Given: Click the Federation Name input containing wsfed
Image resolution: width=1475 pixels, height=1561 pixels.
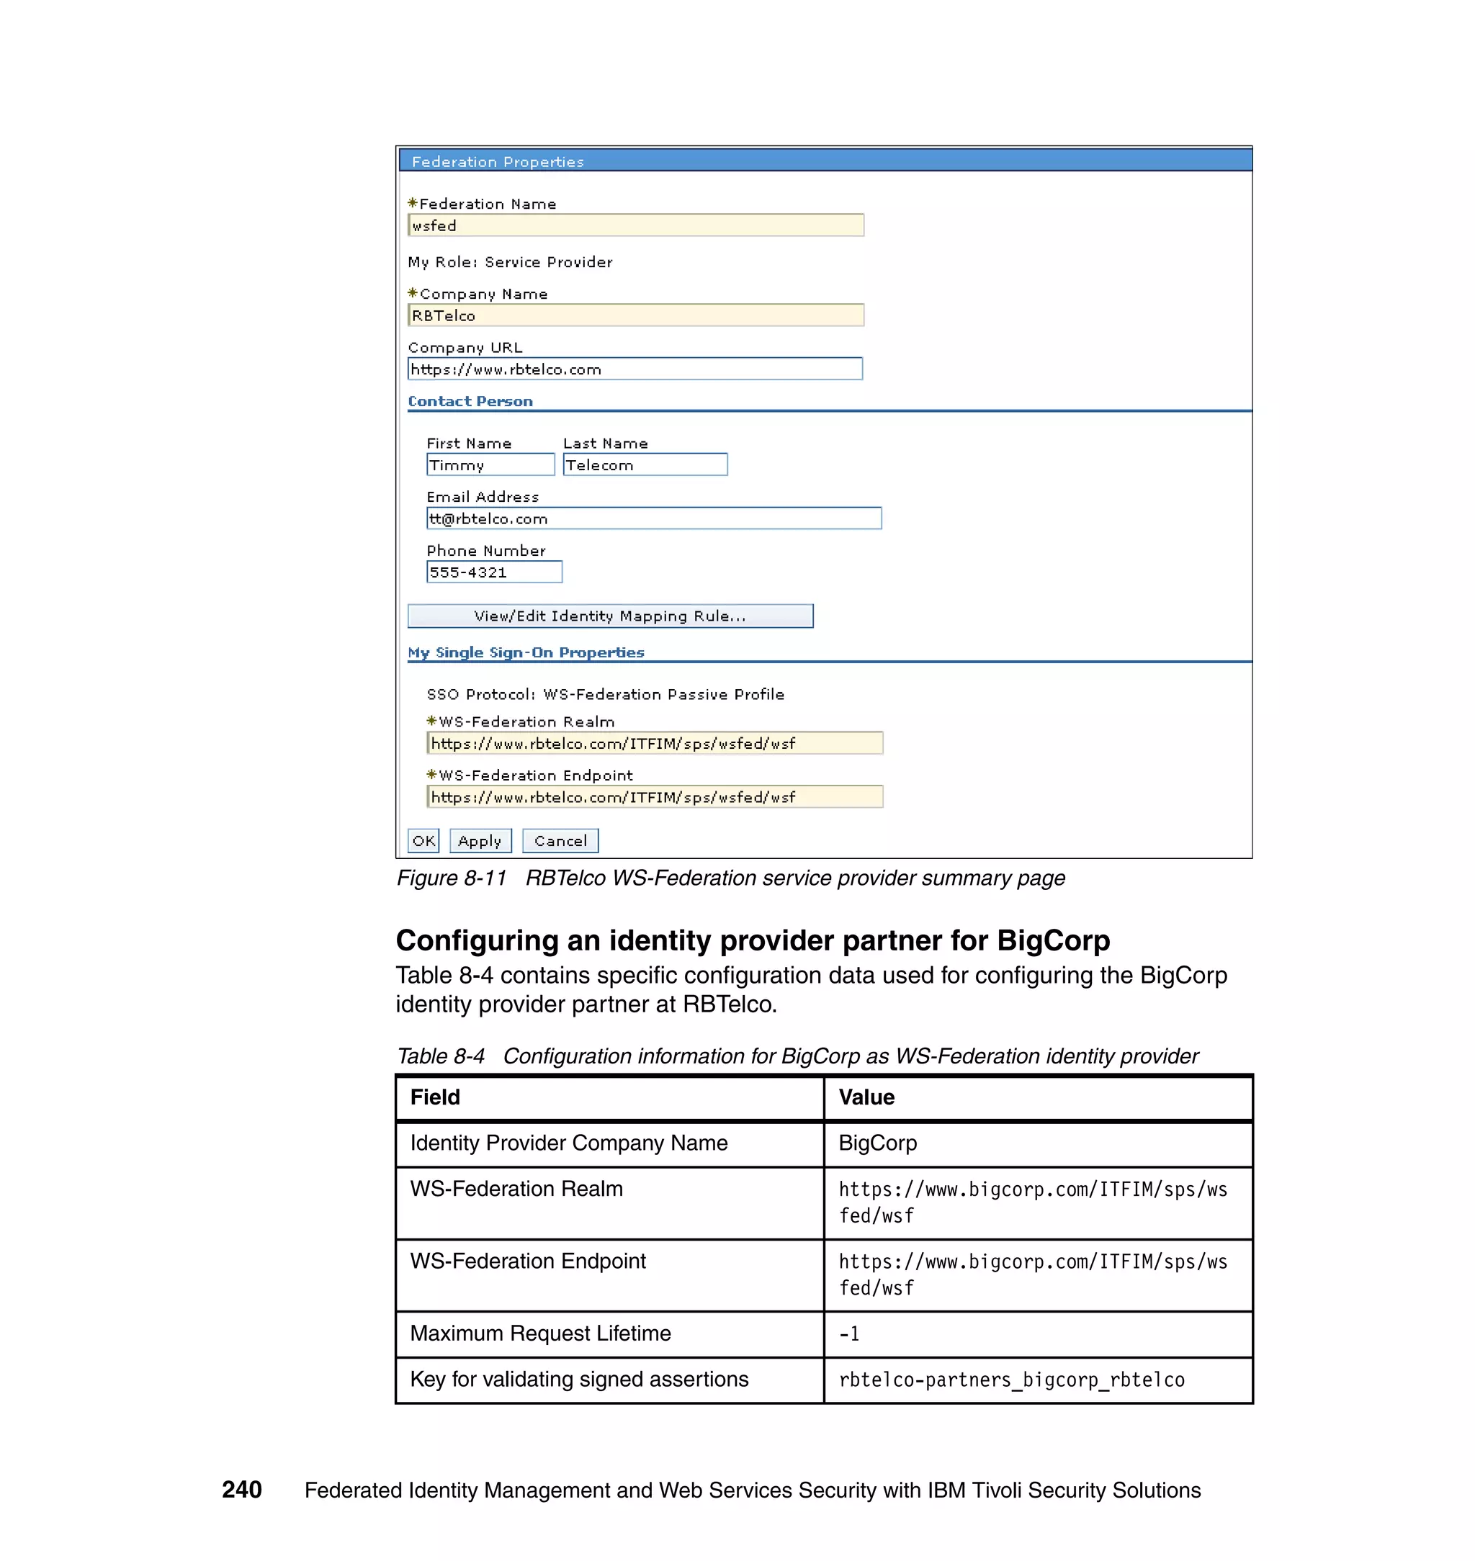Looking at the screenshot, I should point(635,225).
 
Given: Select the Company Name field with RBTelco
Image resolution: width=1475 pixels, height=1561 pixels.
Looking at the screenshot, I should point(635,315).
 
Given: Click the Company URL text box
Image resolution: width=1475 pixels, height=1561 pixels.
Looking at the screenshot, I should point(635,369).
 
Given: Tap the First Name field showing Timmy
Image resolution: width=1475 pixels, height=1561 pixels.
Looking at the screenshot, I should point(490,464).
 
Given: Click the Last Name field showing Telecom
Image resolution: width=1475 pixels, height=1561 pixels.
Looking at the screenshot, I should point(645,464).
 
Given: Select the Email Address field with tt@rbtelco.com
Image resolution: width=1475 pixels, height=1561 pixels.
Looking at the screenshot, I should point(653,518).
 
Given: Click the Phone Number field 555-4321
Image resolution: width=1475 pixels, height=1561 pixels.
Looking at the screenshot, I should point(494,572).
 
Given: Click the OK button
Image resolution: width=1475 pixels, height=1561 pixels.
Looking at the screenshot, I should point(423,840).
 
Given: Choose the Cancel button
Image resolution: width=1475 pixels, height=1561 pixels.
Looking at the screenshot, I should point(560,840).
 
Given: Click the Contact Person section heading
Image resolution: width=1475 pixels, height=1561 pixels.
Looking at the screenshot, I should point(470,401).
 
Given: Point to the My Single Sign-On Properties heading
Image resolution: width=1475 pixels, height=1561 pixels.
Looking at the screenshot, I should point(525,652).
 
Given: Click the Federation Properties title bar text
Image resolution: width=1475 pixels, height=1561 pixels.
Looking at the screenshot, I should point(498,161).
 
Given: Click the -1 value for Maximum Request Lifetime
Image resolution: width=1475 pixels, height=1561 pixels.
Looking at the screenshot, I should point(849,1333).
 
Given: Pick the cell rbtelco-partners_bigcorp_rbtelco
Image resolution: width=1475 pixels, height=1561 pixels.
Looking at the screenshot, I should point(1011,1380).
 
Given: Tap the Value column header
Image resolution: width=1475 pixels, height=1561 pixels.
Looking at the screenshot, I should point(866,1097).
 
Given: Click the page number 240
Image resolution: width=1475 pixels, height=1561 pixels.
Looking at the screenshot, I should point(241,1490).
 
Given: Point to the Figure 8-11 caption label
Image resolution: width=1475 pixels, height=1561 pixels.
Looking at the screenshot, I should point(452,878).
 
